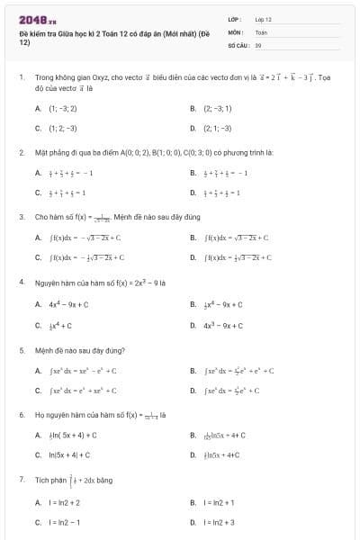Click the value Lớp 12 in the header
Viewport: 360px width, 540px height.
click(x=263, y=19)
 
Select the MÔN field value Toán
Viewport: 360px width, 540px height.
click(x=261, y=31)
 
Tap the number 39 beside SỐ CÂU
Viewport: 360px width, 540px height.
click(x=258, y=44)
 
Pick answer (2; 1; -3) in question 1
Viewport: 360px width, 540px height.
click(x=217, y=128)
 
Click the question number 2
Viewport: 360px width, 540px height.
click(x=21, y=153)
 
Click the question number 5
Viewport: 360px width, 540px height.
click(x=21, y=349)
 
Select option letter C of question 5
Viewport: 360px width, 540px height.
click(x=38, y=391)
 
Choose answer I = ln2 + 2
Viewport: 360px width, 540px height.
click(x=64, y=502)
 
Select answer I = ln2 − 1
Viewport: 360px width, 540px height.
click(x=64, y=522)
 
